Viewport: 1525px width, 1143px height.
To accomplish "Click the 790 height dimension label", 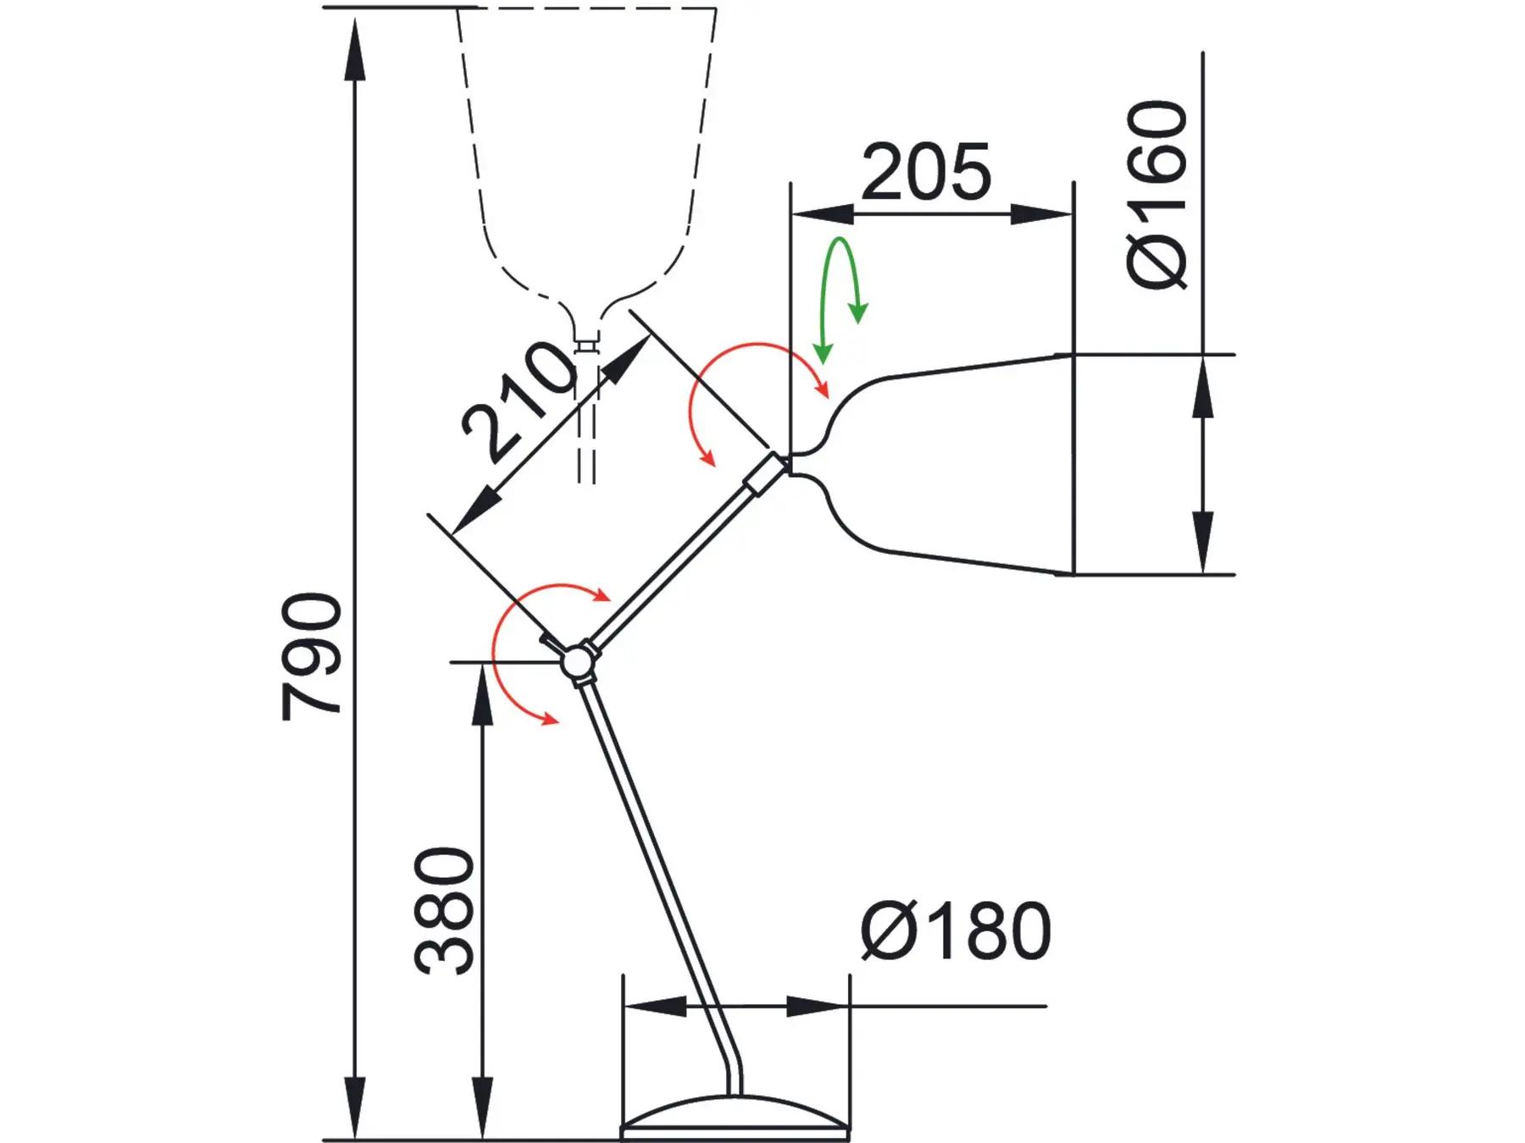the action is (311, 657).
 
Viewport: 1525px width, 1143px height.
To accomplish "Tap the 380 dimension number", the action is (444, 910).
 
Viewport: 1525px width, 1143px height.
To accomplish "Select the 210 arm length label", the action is (518, 400).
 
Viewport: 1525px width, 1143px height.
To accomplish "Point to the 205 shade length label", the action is (926, 172).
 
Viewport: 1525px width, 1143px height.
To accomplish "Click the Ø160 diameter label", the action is (1157, 195).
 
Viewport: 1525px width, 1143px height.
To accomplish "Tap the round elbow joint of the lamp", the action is (578, 661).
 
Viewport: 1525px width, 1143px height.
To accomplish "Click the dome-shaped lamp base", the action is (735, 1118).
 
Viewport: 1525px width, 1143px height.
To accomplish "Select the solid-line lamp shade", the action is (932, 464).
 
